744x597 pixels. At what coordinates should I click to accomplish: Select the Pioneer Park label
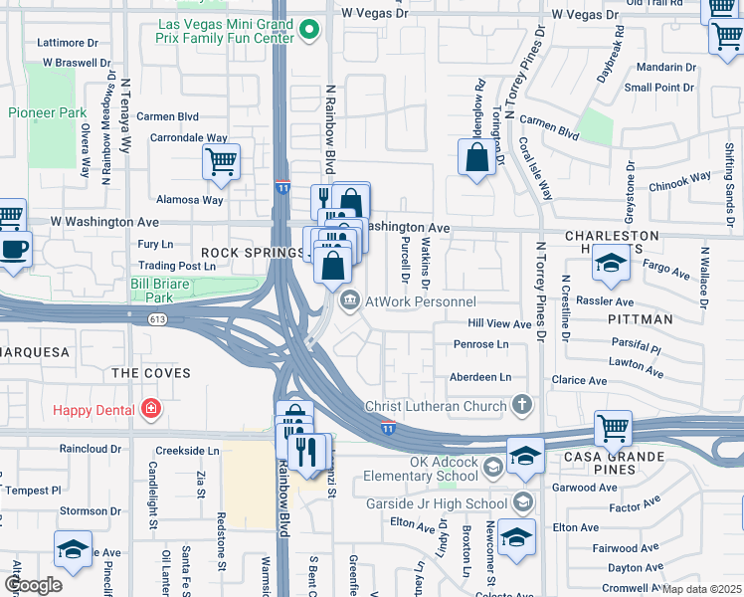point(48,113)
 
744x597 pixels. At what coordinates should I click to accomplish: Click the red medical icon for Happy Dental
point(150,408)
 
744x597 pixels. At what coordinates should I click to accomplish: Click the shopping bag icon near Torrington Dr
point(477,157)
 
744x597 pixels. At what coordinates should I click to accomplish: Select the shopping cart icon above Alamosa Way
point(221,161)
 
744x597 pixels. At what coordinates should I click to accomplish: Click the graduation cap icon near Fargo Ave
point(610,263)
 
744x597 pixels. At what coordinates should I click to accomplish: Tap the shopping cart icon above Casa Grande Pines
point(614,429)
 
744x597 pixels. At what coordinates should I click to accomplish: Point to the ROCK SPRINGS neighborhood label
point(253,253)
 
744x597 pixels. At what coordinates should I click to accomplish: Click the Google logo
point(32,585)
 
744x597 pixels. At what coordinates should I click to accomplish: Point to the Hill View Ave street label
point(499,324)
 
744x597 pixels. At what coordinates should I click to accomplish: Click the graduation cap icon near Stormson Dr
point(74,548)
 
